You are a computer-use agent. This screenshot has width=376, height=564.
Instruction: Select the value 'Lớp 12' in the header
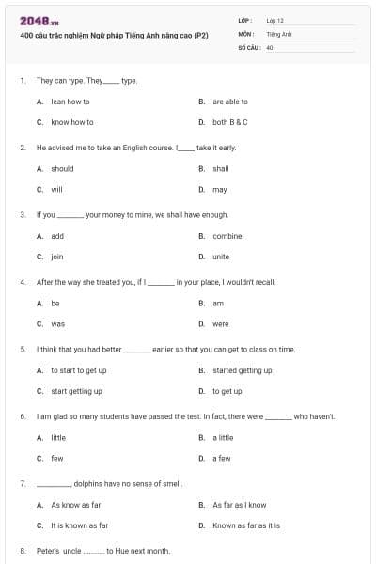(x=274, y=20)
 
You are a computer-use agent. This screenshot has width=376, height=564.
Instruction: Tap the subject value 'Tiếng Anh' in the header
(x=279, y=33)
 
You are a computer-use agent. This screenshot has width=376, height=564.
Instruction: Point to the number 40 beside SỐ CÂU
(x=270, y=46)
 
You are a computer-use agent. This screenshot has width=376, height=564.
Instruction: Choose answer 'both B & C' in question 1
(x=230, y=122)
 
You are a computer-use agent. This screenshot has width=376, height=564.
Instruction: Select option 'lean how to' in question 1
(x=70, y=102)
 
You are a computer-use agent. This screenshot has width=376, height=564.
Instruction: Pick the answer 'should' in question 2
(x=62, y=169)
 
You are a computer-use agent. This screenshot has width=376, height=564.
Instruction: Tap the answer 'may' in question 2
(x=220, y=190)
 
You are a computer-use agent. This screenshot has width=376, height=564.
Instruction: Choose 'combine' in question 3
(x=227, y=236)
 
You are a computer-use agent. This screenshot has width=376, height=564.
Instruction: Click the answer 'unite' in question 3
(x=221, y=257)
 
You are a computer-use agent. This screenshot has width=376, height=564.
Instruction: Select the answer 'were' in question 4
(x=221, y=324)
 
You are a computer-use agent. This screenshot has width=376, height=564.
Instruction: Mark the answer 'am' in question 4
(x=218, y=304)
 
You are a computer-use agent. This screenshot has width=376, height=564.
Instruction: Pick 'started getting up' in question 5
(x=243, y=370)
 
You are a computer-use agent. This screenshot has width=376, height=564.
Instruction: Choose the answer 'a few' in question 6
(x=222, y=458)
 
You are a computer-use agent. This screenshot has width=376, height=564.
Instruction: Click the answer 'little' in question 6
(x=58, y=437)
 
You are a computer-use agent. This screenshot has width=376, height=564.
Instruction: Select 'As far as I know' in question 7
(x=240, y=505)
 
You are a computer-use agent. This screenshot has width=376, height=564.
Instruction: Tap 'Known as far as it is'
(x=246, y=525)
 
